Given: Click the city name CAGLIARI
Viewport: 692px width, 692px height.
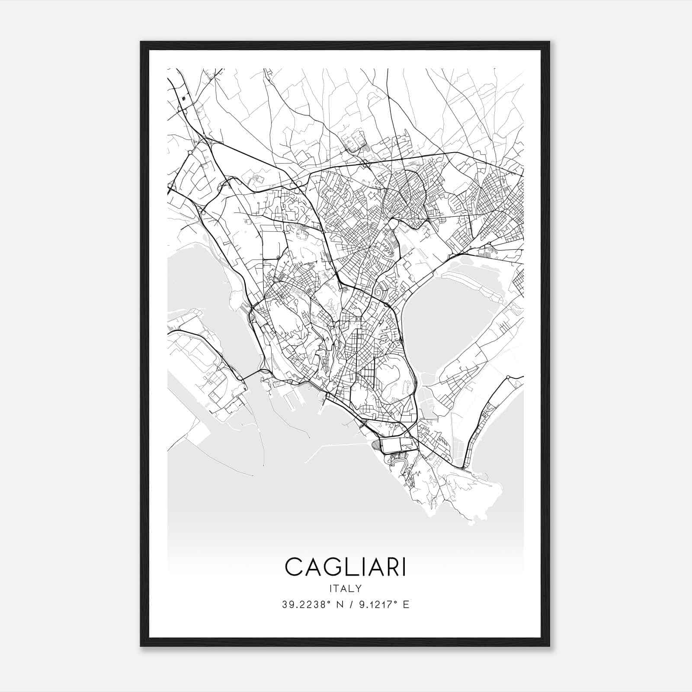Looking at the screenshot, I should [x=346, y=567].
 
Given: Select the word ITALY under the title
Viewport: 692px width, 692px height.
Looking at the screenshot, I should [x=346, y=588].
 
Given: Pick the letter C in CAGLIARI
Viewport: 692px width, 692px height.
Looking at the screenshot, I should [x=294, y=567].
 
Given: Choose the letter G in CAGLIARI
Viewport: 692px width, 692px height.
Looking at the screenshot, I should [x=336, y=567].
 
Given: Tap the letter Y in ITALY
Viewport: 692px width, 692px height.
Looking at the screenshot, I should [x=359, y=588].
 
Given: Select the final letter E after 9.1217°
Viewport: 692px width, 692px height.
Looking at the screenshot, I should [x=406, y=604].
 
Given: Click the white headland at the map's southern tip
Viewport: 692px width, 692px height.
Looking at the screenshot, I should [x=471, y=497].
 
